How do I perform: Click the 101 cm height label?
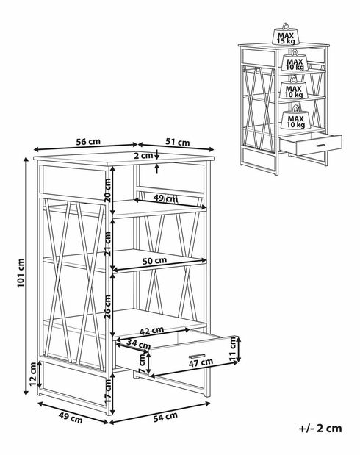pos(21,273)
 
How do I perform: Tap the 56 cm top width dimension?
pos(88,142)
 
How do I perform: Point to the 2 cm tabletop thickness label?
pos(143,155)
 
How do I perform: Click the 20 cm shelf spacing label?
pos(107,190)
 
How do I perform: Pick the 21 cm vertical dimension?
pos(107,243)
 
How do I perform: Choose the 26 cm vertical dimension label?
pos(107,307)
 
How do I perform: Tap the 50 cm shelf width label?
pos(154,261)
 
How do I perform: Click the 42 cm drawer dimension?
pos(151,331)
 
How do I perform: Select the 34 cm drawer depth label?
pos(138,344)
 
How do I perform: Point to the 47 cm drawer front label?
pos(201,362)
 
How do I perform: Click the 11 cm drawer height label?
pos(233,349)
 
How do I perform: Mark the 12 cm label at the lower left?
pos(33,374)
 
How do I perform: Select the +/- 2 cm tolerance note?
pos(320,429)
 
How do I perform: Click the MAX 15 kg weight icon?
pos(286,35)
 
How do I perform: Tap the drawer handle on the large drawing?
pos(197,356)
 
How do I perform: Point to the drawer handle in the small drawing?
pos(320,145)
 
